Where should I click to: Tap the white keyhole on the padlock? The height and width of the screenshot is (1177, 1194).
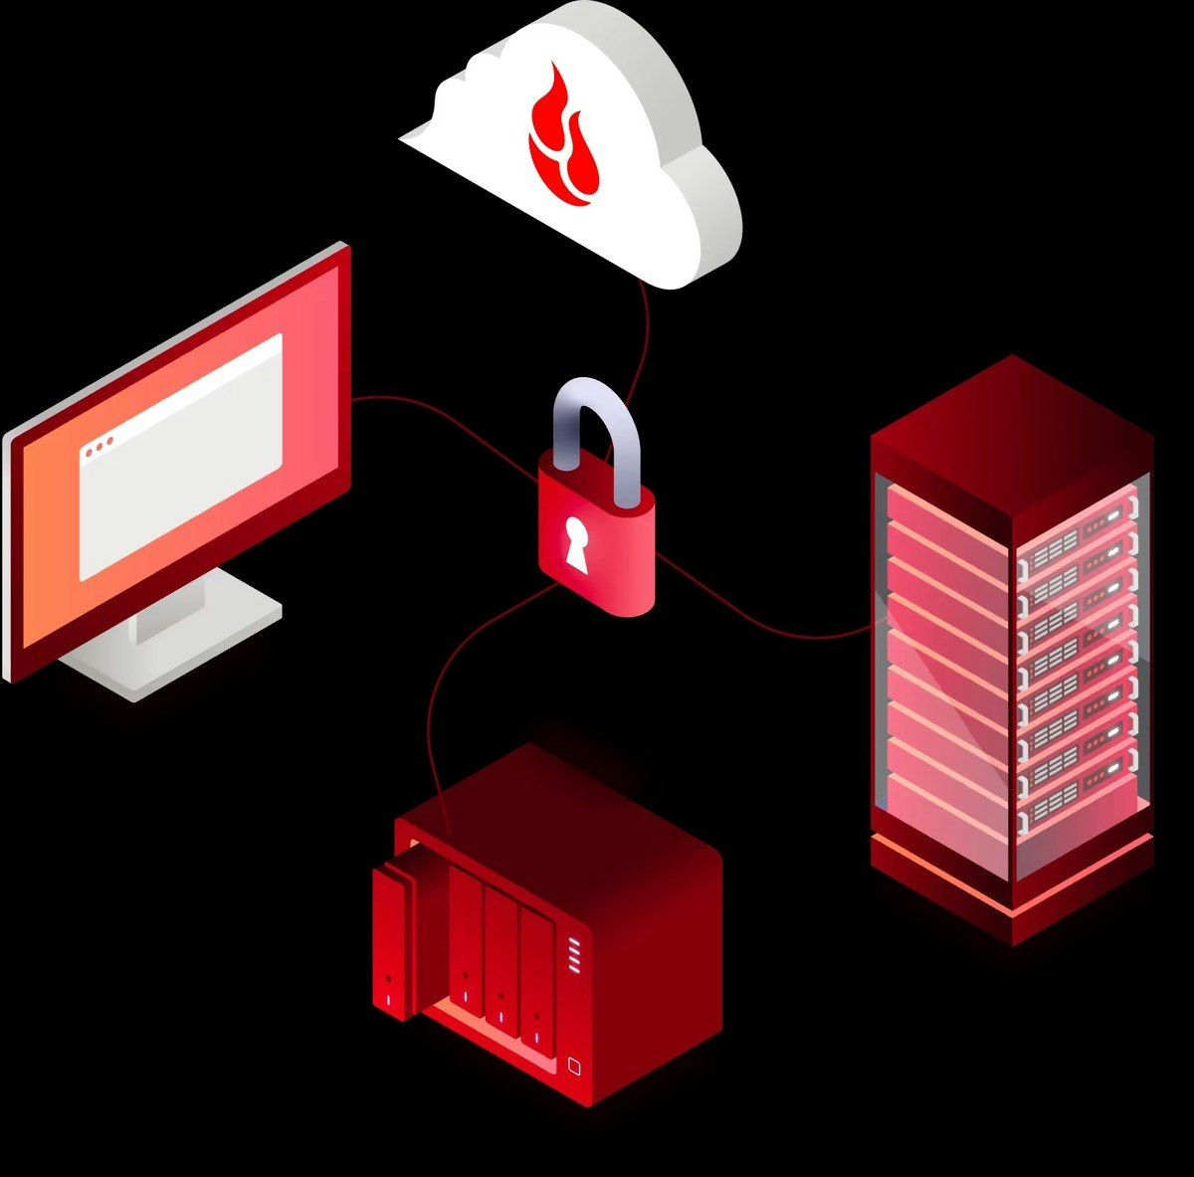pyautogui.click(x=575, y=543)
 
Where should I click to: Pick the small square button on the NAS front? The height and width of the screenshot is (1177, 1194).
pyautogui.click(x=573, y=1066)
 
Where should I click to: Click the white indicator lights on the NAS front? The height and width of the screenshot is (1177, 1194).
pyautogui.click(x=573, y=956)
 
